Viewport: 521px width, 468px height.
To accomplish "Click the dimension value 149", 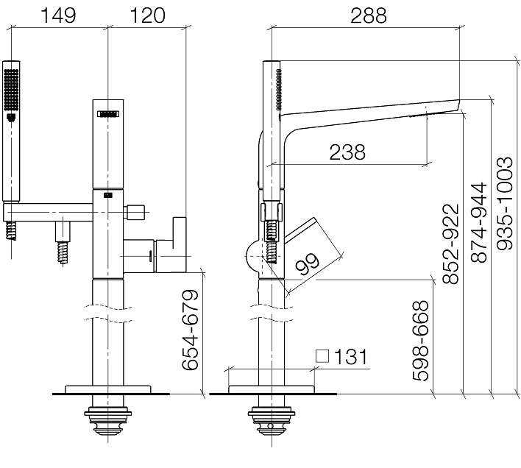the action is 58,15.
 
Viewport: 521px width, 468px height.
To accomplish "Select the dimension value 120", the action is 147,15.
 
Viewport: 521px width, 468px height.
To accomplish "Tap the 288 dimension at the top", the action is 369,15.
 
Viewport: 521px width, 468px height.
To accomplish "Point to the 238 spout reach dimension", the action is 347,152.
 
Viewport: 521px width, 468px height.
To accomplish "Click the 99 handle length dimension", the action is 308,264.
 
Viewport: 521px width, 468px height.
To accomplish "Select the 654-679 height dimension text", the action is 190,330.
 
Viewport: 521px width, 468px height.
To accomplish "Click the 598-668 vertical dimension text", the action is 420,341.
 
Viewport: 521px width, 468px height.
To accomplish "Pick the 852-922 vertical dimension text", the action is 450,244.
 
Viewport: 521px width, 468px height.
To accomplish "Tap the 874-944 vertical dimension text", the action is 479,222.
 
